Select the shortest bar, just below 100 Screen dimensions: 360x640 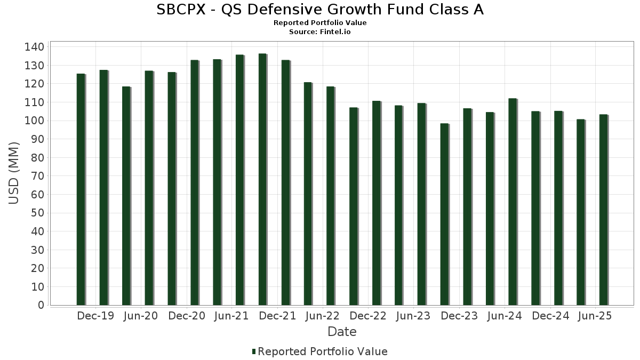(x=444, y=214)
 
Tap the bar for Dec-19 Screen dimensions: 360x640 (x=103, y=187)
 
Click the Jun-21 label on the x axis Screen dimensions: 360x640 (x=231, y=316)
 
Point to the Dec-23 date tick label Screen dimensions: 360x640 (x=460, y=316)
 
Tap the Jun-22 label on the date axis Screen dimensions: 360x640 (x=323, y=316)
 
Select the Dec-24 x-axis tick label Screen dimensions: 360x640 (x=551, y=316)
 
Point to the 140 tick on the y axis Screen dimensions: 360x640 (x=34, y=47)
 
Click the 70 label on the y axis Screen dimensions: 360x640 (x=37, y=176)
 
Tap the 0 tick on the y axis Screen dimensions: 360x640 (x=41, y=305)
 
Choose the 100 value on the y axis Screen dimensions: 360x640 (x=34, y=121)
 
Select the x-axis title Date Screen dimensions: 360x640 (x=342, y=332)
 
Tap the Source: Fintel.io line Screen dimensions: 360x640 (x=320, y=32)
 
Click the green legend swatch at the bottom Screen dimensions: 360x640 (x=254, y=351)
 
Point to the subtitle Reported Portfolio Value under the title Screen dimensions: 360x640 (x=320, y=23)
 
